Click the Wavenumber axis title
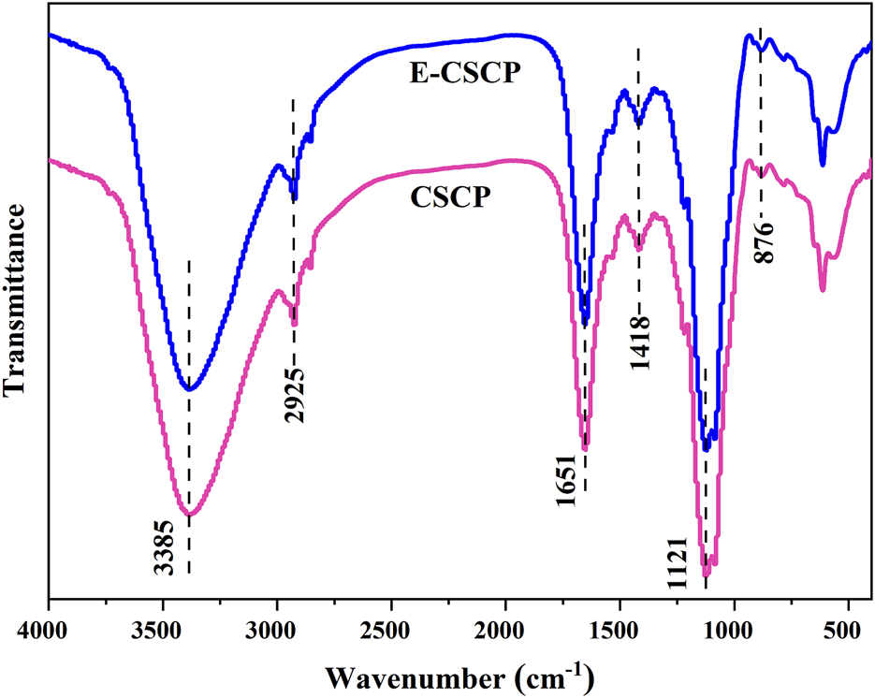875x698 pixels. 459,674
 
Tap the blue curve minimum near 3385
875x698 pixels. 189,389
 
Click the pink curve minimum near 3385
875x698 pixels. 189,515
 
